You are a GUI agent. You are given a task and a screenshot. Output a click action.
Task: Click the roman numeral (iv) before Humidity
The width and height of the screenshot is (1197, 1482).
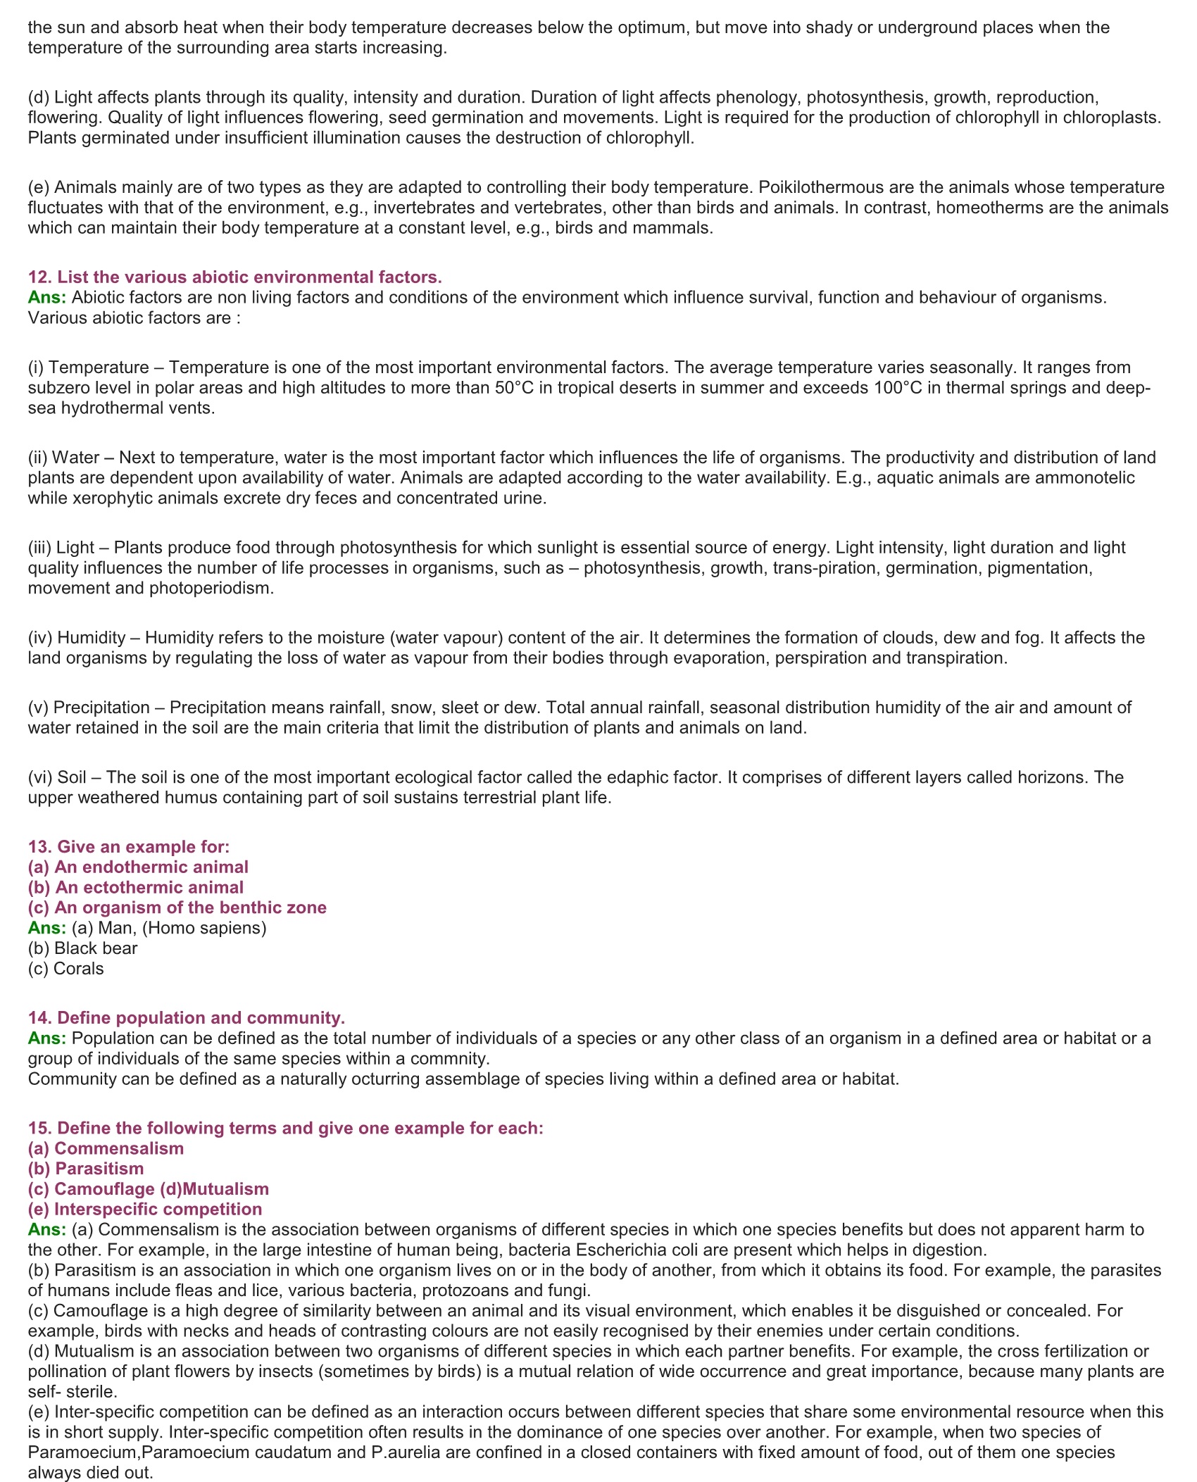(x=40, y=638)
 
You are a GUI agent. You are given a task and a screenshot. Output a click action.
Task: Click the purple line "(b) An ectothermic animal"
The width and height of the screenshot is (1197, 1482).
(x=136, y=887)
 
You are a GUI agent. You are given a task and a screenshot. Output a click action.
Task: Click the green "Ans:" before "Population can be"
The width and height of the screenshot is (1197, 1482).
(x=47, y=1038)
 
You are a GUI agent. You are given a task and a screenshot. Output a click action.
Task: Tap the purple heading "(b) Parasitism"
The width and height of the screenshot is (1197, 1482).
(x=86, y=1169)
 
